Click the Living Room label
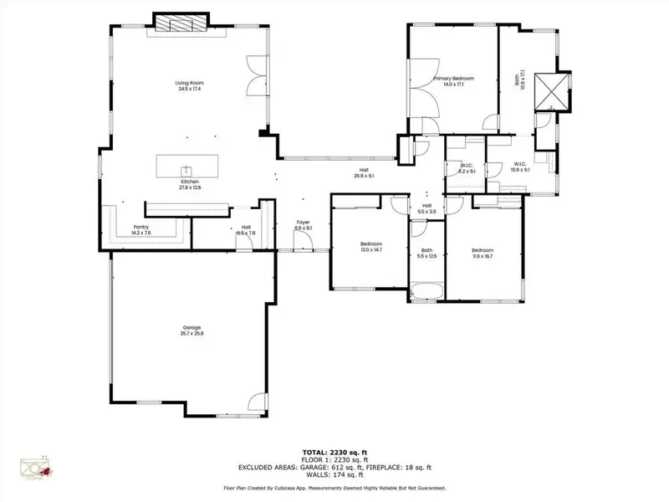click(190, 86)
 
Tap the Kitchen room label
click(190, 184)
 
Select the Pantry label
click(140, 230)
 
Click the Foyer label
click(303, 225)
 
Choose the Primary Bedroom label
click(447, 81)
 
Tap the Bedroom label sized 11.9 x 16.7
click(482, 254)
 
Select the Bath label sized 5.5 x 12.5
click(426, 254)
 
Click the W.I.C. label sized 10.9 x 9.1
click(519, 166)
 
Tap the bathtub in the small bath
click(426, 292)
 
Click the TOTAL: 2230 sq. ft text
click(334, 449)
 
